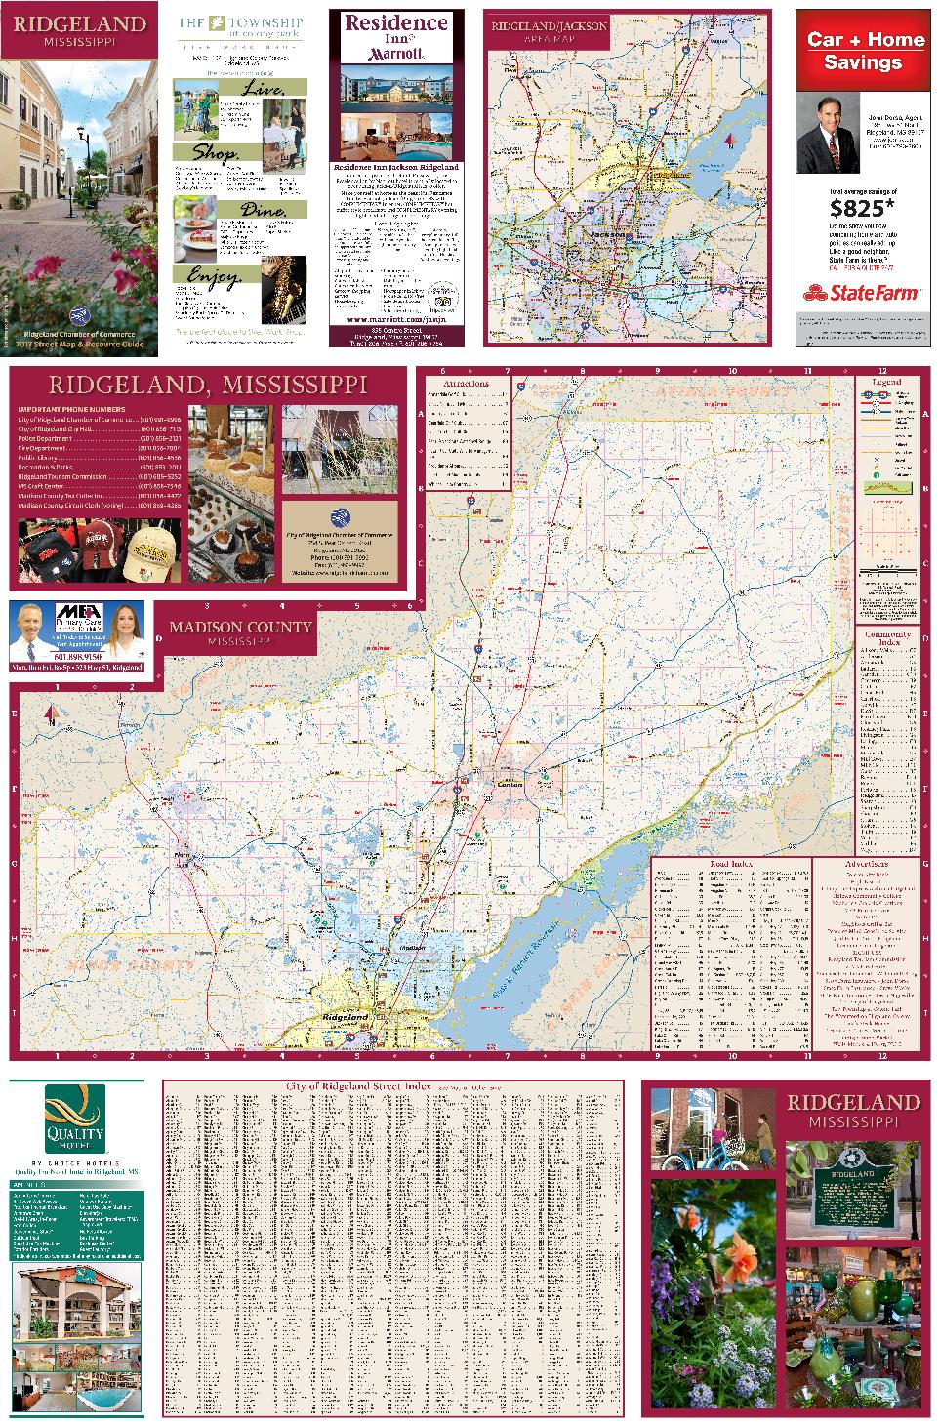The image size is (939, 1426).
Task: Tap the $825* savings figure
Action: [x=861, y=208]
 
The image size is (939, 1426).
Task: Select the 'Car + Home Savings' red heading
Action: [x=865, y=51]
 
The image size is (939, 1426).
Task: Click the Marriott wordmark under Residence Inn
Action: [x=395, y=56]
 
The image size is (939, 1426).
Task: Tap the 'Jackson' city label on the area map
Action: [x=594, y=236]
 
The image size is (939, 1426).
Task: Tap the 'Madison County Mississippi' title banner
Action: [x=239, y=633]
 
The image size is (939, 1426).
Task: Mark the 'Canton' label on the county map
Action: [x=509, y=785]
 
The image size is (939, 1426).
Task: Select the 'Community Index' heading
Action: [x=887, y=638]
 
